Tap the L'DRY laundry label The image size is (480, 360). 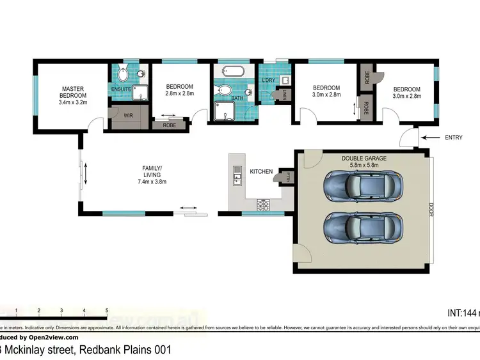(x=268, y=81)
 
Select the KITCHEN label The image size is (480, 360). (x=261, y=171)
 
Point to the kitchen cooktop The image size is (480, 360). (x=262, y=205)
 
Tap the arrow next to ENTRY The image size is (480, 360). (x=432, y=137)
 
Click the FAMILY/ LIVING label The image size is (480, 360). (x=152, y=171)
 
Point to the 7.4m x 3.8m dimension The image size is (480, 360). (x=152, y=182)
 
